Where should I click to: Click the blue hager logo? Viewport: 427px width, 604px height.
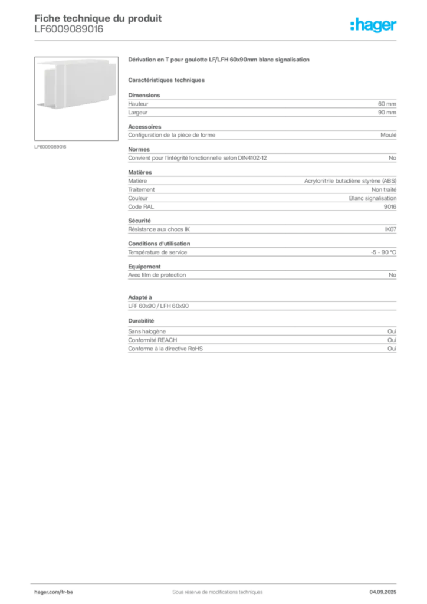tap(375, 26)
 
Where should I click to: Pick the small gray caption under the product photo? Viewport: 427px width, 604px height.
tap(52, 146)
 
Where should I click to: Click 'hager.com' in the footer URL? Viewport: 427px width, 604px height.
tap(47, 592)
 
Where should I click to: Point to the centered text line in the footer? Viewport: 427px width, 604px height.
tap(213, 588)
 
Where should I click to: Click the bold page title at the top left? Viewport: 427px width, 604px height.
tap(98, 18)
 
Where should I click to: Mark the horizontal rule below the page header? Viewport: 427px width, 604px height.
tap(217, 40)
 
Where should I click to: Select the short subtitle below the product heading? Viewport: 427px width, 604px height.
tap(167, 80)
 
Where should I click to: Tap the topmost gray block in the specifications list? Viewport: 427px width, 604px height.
tap(261, 106)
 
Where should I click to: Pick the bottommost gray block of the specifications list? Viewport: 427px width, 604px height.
tap(261, 342)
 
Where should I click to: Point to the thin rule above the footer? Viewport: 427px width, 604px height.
tap(217, 582)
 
